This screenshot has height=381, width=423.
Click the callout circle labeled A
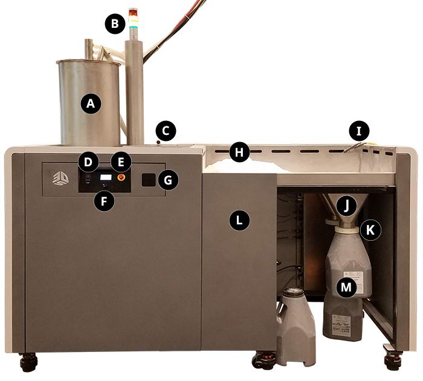coord(91,103)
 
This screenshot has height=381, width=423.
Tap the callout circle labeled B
coord(115,24)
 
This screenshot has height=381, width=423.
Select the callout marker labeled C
coord(166,131)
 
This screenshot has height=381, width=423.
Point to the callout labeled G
coord(168,180)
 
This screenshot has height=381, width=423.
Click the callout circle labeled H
coord(239,152)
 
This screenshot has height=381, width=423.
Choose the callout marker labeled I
coord(359,131)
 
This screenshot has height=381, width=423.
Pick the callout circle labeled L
coord(239,220)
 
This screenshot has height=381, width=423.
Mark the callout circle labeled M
coord(346,287)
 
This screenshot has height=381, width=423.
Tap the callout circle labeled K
coord(370,230)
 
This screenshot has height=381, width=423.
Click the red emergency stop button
coord(121,177)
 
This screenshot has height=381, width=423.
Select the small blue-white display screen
coord(106,177)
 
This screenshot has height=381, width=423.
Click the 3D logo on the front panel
coord(60,178)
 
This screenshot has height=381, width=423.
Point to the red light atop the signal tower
coord(133,12)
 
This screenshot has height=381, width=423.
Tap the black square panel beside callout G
coord(149,180)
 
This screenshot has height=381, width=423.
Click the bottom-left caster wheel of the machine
coord(28,362)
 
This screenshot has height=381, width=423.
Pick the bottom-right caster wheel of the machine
coord(393,361)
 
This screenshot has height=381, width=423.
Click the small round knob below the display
coord(105,186)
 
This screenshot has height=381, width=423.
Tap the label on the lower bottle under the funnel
coord(341,325)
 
